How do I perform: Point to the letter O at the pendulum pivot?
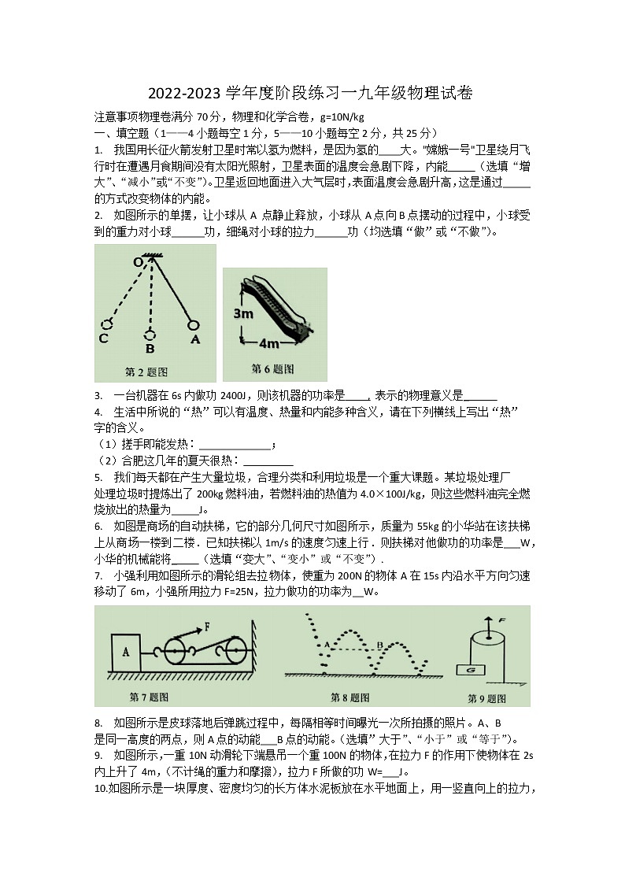click(x=137, y=261)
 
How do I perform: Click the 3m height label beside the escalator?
click(x=242, y=313)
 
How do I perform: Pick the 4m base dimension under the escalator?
click(x=268, y=344)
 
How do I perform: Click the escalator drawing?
click(x=279, y=309)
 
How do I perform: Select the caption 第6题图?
click(x=272, y=368)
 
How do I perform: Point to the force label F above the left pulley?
click(x=207, y=627)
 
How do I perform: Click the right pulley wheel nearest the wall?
click(x=235, y=650)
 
